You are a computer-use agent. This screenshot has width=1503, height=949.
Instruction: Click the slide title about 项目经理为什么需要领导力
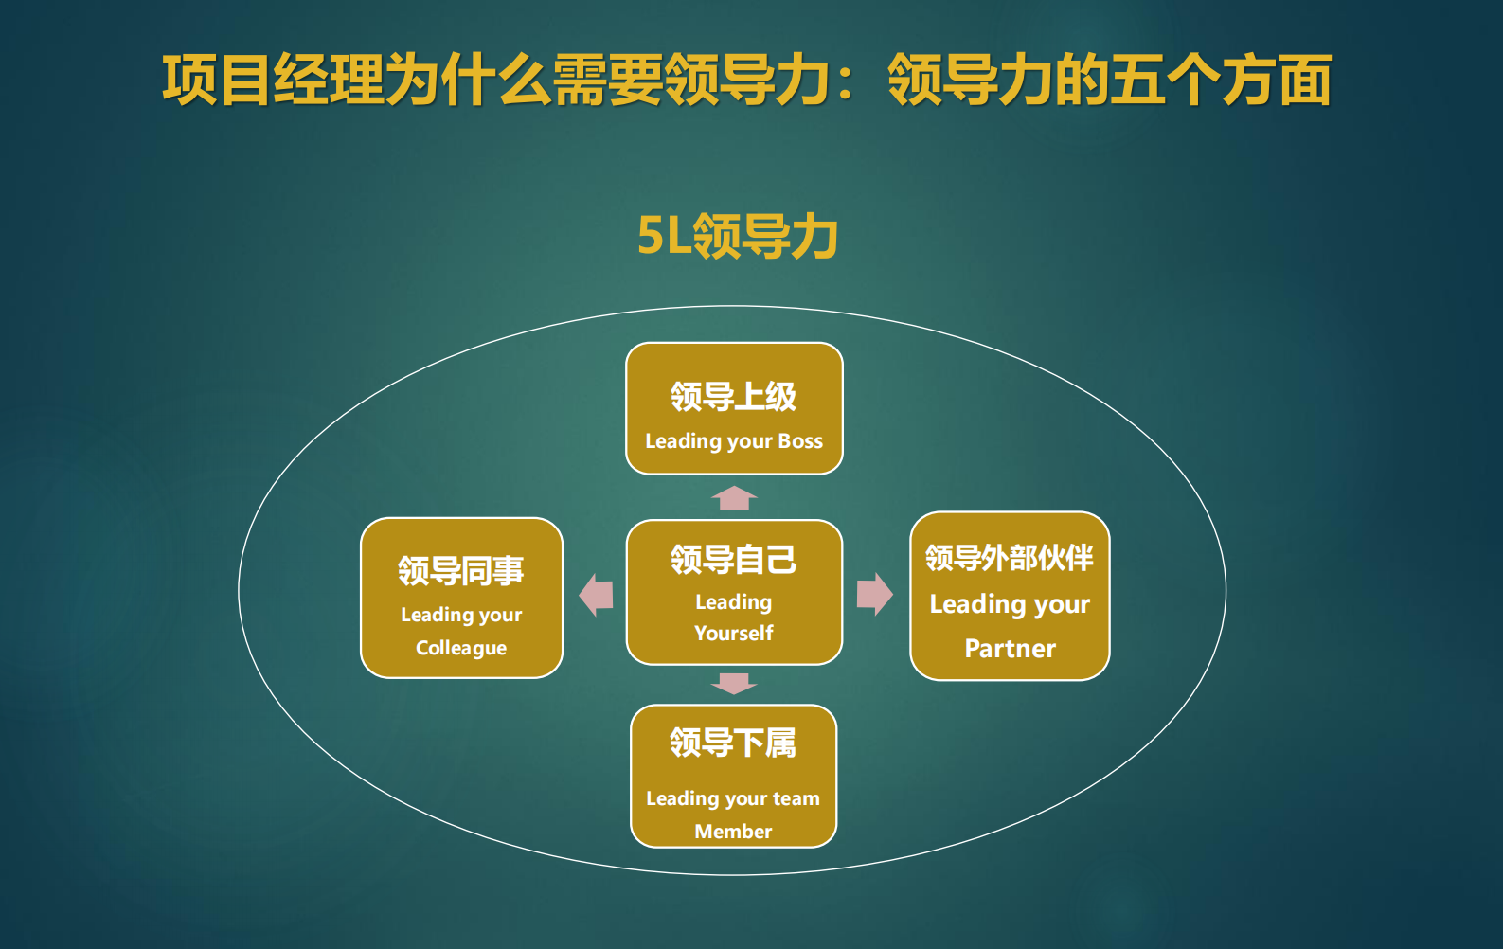746,81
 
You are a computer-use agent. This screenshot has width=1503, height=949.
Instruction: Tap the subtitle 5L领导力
737,236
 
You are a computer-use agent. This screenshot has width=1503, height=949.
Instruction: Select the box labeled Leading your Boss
734,409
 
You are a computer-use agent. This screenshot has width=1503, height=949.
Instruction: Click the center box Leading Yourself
734,592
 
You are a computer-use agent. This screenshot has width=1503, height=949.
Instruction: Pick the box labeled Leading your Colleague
461,598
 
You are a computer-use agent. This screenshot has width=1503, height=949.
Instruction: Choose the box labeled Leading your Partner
1010,596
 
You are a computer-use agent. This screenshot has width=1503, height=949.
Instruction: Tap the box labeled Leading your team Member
733,776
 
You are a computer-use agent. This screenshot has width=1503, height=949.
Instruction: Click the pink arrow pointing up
734,497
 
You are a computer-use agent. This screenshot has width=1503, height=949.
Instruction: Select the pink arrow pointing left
596,595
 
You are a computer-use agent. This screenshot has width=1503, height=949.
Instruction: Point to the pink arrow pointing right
874,594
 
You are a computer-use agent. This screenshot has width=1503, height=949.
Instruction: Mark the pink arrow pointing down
734,683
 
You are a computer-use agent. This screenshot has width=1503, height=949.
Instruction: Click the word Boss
800,441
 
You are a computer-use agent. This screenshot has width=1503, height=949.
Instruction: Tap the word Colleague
461,648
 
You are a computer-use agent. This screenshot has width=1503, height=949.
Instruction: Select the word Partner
1010,649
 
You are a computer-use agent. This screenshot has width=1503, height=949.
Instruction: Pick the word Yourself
734,633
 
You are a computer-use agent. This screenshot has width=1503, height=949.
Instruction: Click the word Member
733,832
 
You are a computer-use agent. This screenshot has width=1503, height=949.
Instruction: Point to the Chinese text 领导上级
734,396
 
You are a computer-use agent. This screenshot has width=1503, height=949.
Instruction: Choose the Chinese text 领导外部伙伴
1010,558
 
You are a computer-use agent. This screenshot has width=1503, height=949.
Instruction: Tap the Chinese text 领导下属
733,743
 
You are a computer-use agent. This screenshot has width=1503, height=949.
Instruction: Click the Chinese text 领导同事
461,570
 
